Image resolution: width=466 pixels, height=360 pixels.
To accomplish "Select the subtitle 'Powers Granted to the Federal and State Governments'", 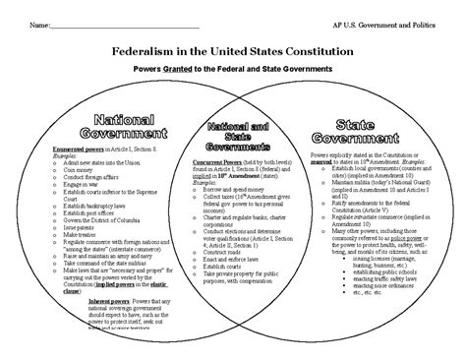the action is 233,71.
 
